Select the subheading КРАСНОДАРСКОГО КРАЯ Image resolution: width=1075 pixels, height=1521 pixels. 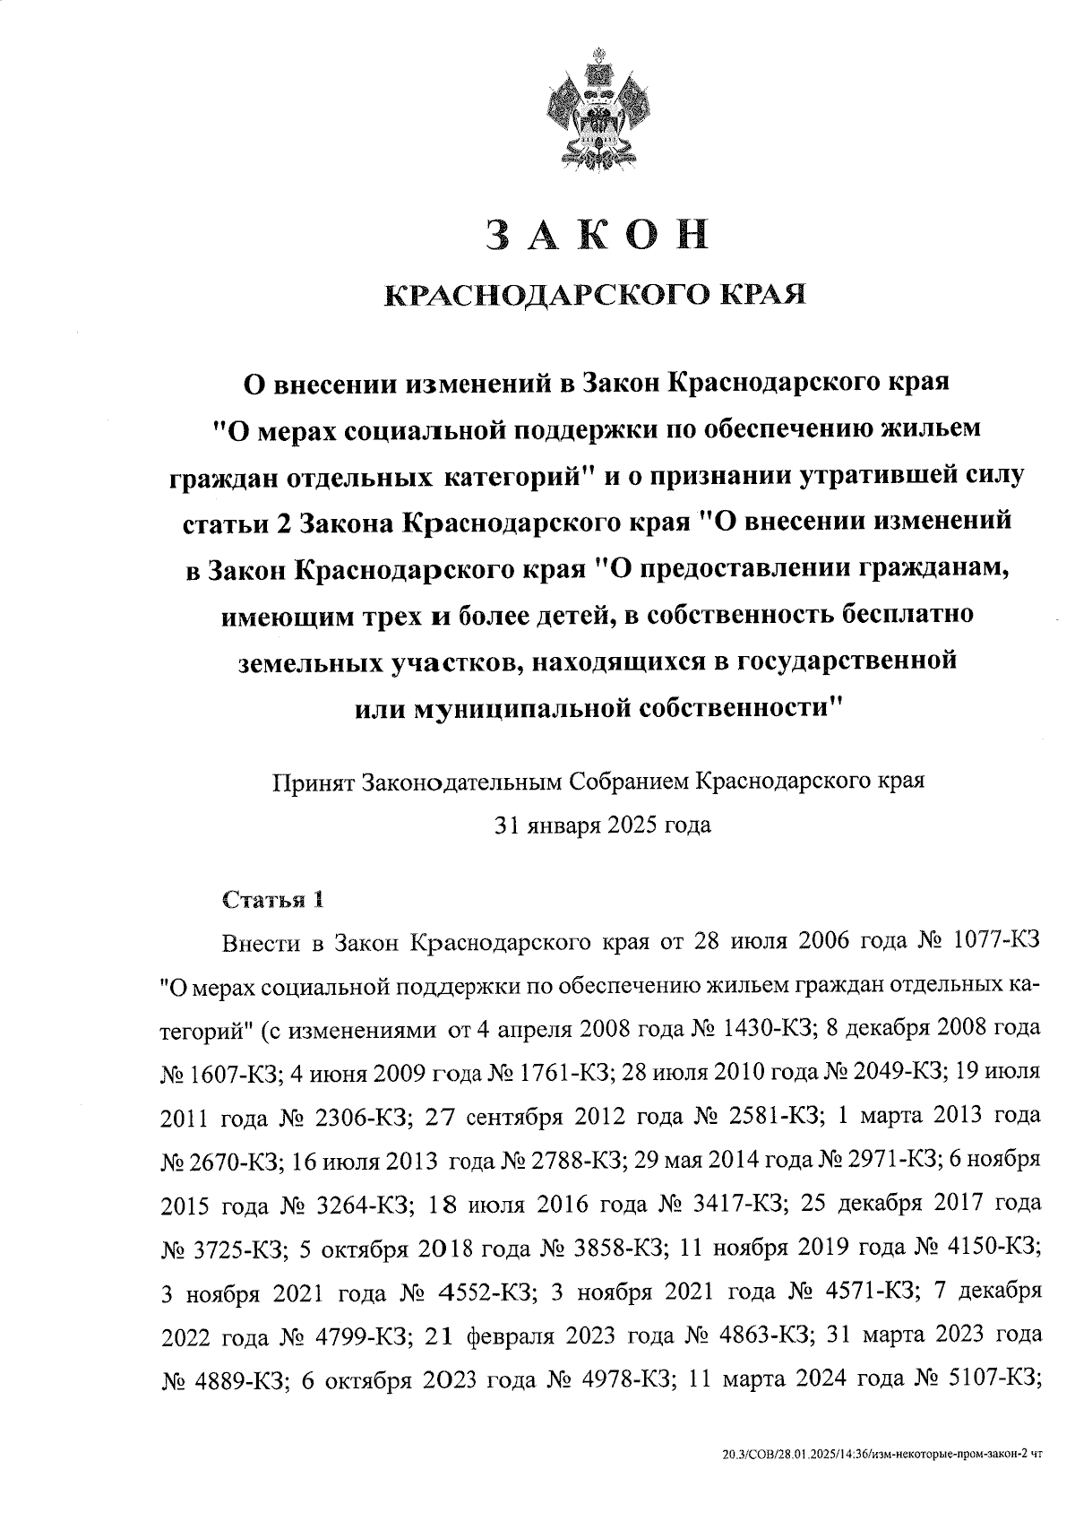(596, 294)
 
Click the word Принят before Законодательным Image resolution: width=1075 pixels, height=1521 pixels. (314, 781)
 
